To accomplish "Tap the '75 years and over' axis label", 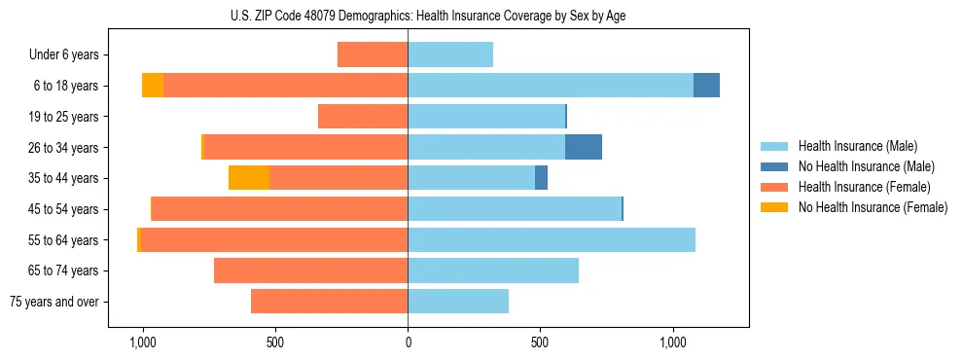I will coord(54,302).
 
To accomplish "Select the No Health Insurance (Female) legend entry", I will coord(872,207).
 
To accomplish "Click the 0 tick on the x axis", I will coord(408,342).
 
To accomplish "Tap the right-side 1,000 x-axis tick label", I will coord(673,342).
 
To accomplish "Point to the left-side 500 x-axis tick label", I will coord(275,342).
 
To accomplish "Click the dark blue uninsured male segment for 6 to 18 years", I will coord(706,86).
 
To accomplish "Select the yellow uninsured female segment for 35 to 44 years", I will coord(249,178).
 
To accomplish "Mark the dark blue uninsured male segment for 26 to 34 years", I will coord(584,147).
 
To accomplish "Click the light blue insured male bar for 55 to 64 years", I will coord(552,239).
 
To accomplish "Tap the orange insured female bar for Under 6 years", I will coord(373,54).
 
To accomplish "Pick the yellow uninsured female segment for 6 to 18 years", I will coord(153,86).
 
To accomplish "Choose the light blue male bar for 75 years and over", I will coord(458,302).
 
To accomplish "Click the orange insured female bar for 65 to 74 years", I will coord(311,270).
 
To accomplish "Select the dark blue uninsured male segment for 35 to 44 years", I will coord(542,178).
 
